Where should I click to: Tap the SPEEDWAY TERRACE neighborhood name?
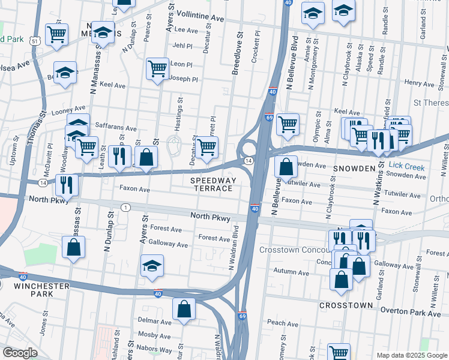click(x=211, y=184)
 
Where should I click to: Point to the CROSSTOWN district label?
click(x=346, y=305)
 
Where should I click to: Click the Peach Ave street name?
click(x=283, y=323)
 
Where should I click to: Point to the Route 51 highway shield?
click(x=36, y=41)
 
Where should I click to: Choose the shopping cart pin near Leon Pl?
click(x=157, y=69)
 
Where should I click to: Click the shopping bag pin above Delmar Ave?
click(x=184, y=309)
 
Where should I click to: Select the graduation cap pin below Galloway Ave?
click(x=152, y=266)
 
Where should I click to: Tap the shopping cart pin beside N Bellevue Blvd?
click(x=288, y=124)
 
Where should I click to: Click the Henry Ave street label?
click(x=419, y=83)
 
